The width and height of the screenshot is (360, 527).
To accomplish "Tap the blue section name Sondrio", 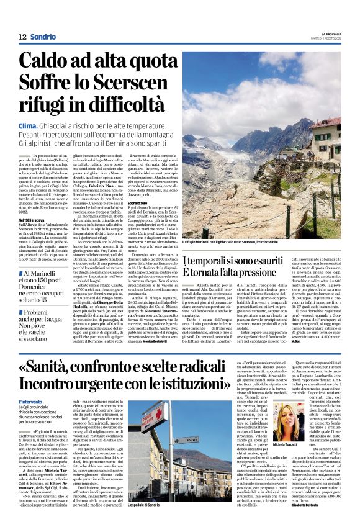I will pos(43,37).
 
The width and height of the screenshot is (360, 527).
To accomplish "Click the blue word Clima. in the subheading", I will pos(30,125).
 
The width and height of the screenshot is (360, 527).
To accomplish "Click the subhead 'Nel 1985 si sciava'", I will pos(36,203).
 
